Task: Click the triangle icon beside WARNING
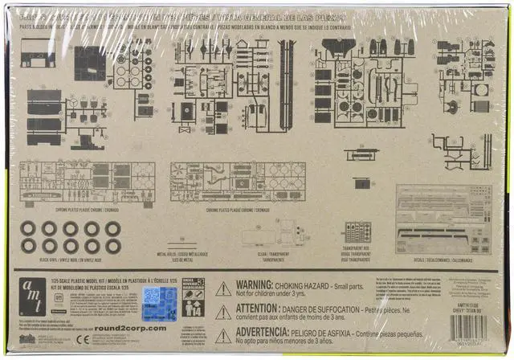coord(223,288)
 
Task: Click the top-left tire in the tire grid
coord(29,227)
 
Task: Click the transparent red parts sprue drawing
coord(357,231)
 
